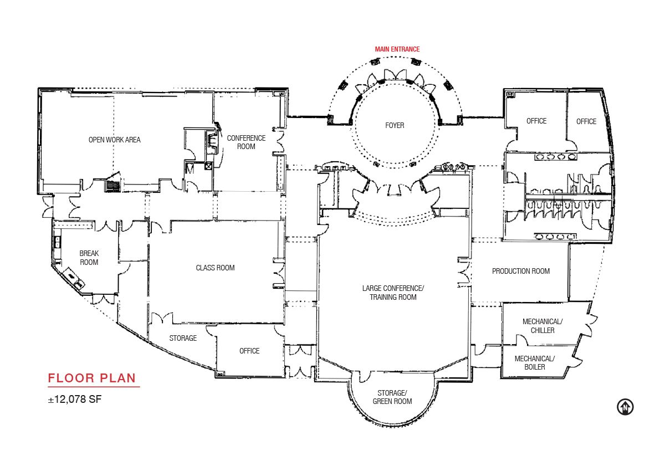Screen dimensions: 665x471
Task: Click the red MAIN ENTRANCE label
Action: tap(397, 49)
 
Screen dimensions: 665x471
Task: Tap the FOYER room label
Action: tap(395, 126)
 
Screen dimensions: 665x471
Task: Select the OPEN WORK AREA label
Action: tap(114, 140)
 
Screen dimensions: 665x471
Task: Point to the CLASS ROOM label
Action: tap(215, 268)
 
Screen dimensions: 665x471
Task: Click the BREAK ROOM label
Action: tap(89, 258)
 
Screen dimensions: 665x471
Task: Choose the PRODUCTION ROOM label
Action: tap(521, 271)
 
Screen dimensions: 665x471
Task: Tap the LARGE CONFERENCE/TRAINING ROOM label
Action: tap(393, 293)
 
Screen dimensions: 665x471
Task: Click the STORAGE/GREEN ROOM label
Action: tap(392, 397)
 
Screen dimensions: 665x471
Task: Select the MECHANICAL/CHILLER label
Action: tap(543, 326)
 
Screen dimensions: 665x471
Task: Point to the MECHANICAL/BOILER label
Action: tap(534, 363)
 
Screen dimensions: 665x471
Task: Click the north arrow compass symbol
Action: tap(625, 407)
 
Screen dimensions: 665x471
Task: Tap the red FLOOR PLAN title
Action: tap(92, 378)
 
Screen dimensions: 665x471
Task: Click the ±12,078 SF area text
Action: tap(75, 399)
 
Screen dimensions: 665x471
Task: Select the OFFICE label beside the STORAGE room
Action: tap(249, 351)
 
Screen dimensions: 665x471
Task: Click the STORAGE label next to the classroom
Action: tap(183, 338)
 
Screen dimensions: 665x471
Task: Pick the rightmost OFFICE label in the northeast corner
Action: tap(586, 121)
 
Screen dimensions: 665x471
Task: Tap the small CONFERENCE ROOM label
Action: tap(246, 142)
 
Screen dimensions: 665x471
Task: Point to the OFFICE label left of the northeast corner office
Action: tap(536, 121)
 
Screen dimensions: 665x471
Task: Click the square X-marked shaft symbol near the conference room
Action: tap(209, 166)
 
